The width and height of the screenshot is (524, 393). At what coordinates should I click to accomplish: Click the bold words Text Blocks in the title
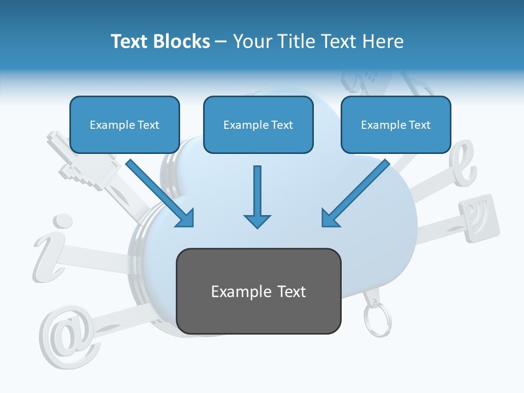coord(160,41)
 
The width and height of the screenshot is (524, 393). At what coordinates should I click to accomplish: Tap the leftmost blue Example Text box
coord(124,124)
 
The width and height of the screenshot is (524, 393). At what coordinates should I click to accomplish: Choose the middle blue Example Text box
coord(258,124)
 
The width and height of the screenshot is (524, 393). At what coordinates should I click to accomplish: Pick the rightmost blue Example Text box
coord(396,124)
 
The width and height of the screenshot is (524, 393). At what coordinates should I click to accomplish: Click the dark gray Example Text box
coord(258,291)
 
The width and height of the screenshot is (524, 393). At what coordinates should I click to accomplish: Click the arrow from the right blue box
coord(355,193)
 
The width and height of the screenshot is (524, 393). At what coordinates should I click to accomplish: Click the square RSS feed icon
coord(479,217)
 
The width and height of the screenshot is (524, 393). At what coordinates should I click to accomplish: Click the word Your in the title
coord(252,41)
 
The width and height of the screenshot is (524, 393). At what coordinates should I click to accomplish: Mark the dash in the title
coord(222,41)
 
